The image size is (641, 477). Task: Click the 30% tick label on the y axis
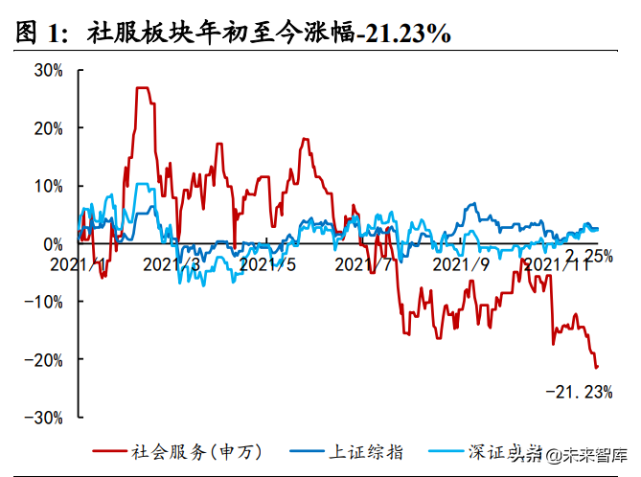pyautogui.click(x=48, y=70)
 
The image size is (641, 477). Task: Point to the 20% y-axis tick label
pyautogui.click(x=48, y=127)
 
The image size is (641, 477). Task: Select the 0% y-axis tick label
pyautogui.click(x=53, y=243)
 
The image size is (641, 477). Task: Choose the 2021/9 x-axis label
pyautogui.click(x=461, y=262)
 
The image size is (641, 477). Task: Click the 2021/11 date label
pyautogui.click(x=556, y=262)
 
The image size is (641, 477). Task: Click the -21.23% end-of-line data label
pyautogui.click(x=579, y=391)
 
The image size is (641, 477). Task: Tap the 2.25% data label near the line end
pyautogui.click(x=588, y=255)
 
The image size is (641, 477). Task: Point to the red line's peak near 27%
pyautogui.click(x=143, y=88)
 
